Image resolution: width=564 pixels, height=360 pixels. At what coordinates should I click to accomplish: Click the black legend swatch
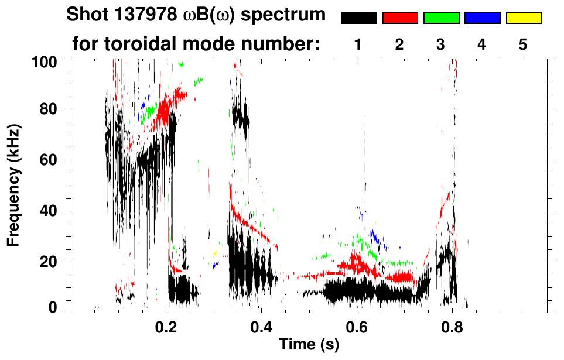click(x=359, y=18)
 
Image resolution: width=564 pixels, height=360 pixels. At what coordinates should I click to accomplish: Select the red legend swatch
click(x=400, y=18)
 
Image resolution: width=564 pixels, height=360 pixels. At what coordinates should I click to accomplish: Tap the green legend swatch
click(x=441, y=18)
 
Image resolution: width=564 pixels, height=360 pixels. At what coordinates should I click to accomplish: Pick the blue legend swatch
click(x=483, y=18)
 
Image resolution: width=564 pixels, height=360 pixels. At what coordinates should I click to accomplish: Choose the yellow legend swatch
click(x=524, y=18)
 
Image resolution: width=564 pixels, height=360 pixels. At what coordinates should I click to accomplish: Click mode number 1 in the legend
click(x=358, y=44)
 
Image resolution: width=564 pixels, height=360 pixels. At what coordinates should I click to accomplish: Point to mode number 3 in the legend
click(x=441, y=44)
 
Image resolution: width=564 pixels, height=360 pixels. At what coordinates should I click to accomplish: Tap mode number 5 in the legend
click(x=523, y=44)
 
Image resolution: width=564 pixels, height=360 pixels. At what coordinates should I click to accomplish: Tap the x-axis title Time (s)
click(x=309, y=345)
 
